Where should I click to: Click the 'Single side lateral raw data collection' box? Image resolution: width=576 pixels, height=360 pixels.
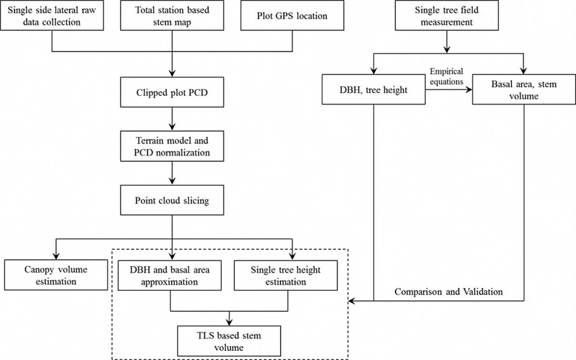point(52,16)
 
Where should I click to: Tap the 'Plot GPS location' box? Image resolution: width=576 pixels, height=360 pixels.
point(292,16)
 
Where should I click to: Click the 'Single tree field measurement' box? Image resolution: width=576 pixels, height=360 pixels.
point(446,16)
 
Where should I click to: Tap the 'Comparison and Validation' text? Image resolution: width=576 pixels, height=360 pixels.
point(449,292)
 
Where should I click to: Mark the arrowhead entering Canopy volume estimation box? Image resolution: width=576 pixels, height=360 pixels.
point(56,255)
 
